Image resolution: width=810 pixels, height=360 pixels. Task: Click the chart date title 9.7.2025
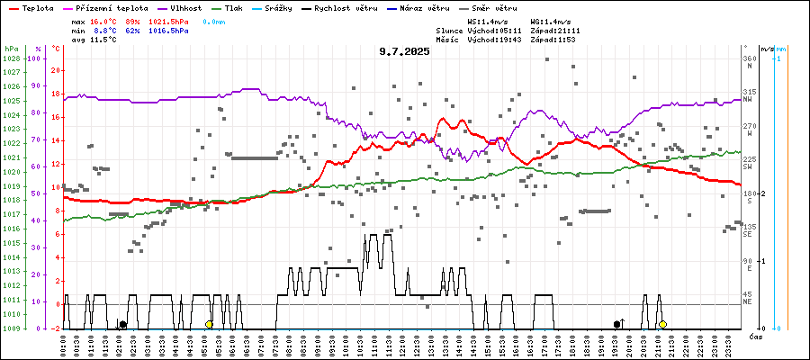[x=404, y=51]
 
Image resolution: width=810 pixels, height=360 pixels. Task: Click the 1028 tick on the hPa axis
[x=11, y=58]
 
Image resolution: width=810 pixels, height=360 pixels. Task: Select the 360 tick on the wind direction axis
[x=748, y=58]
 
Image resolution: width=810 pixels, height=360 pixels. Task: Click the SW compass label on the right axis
[x=747, y=166]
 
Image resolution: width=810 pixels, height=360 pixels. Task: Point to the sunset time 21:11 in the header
[x=568, y=31]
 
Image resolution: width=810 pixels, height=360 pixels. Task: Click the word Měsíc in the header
[x=446, y=40]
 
